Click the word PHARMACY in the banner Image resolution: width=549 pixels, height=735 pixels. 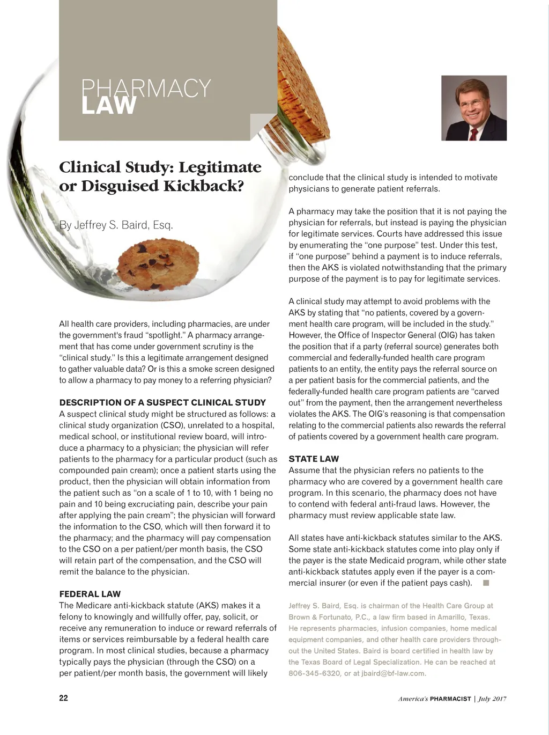pos(146,87)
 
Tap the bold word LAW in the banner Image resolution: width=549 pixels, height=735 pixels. pos(109,106)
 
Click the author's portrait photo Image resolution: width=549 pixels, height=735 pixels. pos(474,108)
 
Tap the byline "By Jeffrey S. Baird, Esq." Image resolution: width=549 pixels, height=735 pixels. pos(116,225)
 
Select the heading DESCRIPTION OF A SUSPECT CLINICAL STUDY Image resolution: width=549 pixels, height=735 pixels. pos(162,402)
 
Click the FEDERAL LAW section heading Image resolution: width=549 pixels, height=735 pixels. pos(90,594)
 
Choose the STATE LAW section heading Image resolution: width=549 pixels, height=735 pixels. pos(314,459)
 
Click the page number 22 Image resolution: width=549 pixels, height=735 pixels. pos(63,698)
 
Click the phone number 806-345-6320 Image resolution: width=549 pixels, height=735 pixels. pos(314,673)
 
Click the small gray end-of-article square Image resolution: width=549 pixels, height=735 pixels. pos(486,583)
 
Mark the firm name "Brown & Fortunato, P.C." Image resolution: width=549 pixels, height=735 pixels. pos(329,617)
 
